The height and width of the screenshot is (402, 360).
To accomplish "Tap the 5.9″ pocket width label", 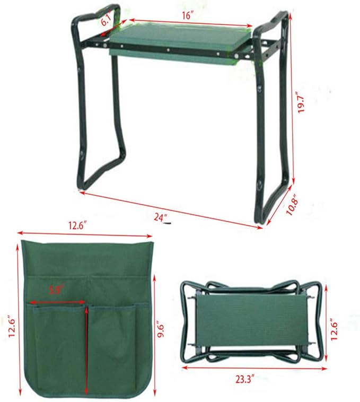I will pyautogui.click(x=56, y=290).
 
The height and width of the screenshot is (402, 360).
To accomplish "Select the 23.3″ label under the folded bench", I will pyautogui.click(x=246, y=379).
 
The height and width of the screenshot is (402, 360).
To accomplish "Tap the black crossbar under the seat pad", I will pyautogui.click(x=175, y=50).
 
